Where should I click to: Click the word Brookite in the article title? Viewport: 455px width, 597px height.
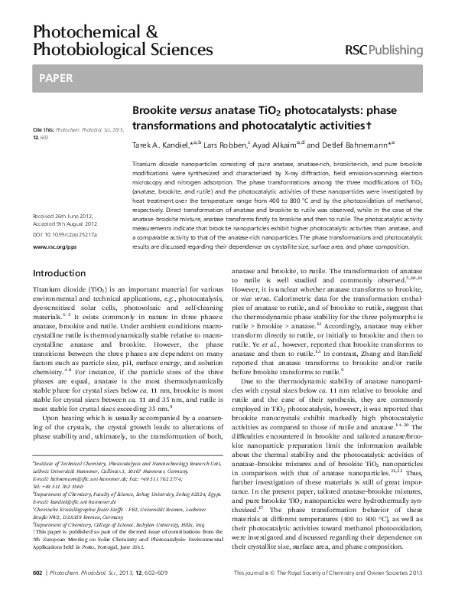(155, 110)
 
